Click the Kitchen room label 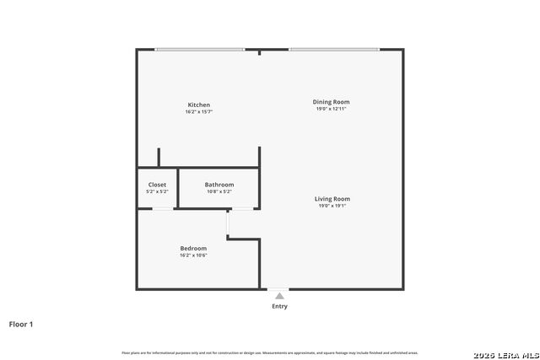click(198, 105)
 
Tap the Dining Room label click(332, 102)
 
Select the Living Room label click(333, 199)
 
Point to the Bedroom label click(193, 248)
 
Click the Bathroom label click(219, 185)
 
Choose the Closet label click(157, 185)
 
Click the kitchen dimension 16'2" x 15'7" click(198, 112)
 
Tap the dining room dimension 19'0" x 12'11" click(332, 109)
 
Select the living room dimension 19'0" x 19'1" click(333, 206)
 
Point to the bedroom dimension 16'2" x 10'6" click(193, 255)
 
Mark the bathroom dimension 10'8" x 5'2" click(219, 191)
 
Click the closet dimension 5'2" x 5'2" click(157, 191)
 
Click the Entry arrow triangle click(279, 296)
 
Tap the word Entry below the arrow click(279, 306)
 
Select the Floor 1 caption click(21, 324)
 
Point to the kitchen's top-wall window click(200, 50)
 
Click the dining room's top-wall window click(333, 50)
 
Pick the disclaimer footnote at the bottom click(270, 352)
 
